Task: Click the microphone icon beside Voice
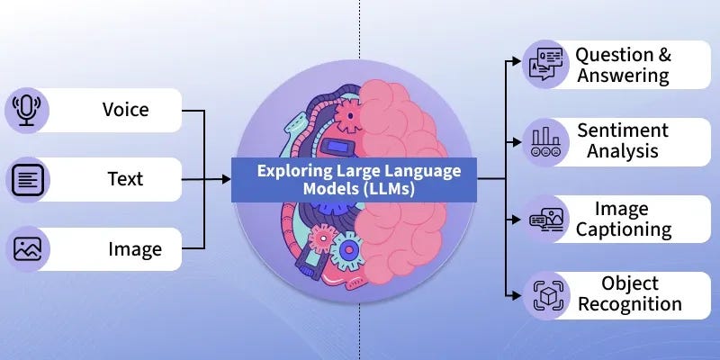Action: tap(26, 110)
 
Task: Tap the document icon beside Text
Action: tap(26, 179)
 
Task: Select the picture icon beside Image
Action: tap(26, 248)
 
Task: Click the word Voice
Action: tap(125, 110)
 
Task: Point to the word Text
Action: tap(125, 179)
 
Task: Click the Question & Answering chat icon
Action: tap(546, 63)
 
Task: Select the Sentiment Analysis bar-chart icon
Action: tap(546, 140)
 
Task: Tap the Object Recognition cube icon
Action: tap(546, 293)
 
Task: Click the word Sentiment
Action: tap(623, 130)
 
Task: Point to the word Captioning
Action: tap(624, 229)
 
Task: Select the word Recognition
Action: tap(629, 304)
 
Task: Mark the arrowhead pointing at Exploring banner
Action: tap(226, 179)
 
